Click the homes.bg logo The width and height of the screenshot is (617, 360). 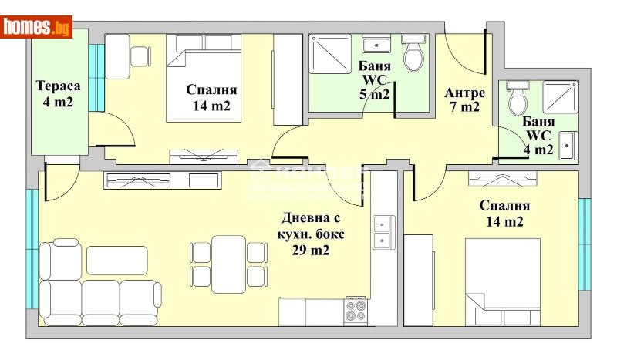(37, 27)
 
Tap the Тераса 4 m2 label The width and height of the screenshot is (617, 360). (55, 93)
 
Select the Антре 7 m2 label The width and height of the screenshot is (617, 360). (465, 100)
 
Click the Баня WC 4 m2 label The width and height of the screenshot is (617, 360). (538, 136)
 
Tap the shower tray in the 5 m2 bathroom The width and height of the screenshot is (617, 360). (330, 54)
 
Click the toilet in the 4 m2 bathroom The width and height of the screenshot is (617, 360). (518, 99)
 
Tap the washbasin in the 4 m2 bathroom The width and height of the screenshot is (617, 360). (567, 146)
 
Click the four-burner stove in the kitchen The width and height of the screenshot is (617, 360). (356, 311)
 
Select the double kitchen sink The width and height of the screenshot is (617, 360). (383, 232)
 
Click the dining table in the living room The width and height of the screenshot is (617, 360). (228, 262)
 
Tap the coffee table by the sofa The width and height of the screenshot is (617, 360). (116, 260)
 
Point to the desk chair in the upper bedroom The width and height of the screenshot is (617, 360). (140, 56)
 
